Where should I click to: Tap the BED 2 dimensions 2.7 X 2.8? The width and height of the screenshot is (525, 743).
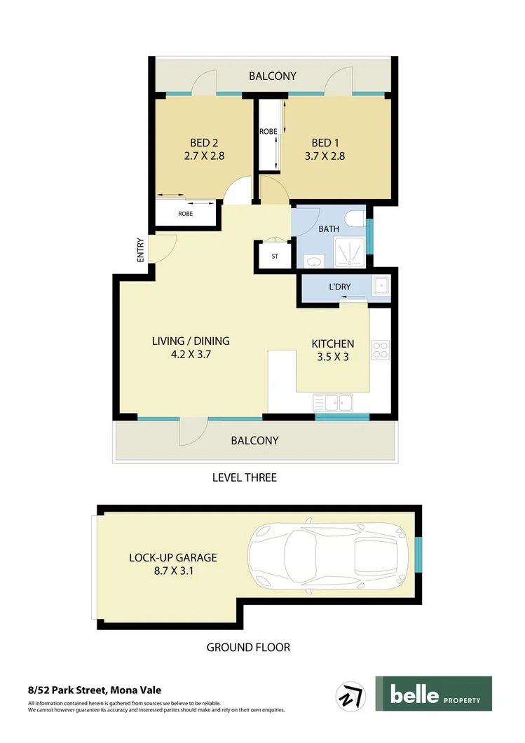pyautogui.click(x=203, y=156)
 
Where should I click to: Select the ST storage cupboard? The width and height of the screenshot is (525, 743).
pyautogui.click(x=275, y=257)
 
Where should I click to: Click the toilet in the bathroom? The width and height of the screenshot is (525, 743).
pyautogui.click(x=358, y=221)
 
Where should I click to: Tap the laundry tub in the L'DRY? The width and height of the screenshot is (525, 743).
pyautogui.click(x=381, y=286)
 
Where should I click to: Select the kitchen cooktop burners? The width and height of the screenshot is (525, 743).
pyautogui.click(x=380, y=349)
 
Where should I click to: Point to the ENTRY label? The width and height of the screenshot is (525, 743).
pyautogui.click(x=141, y=250)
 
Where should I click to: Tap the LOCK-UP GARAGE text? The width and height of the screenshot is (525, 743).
pyautogui.click(x=172, y=558)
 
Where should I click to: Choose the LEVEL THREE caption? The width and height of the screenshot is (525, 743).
pyautogui.click(x=244, y=477)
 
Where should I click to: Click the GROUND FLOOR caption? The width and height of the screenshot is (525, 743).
pyautogui.click(x=247, y=647)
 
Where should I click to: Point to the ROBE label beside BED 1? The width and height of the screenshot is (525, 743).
pyautogui.click(x=268, y=131)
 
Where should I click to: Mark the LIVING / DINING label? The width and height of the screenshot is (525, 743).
pyautogui.click(x=191, y=341)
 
